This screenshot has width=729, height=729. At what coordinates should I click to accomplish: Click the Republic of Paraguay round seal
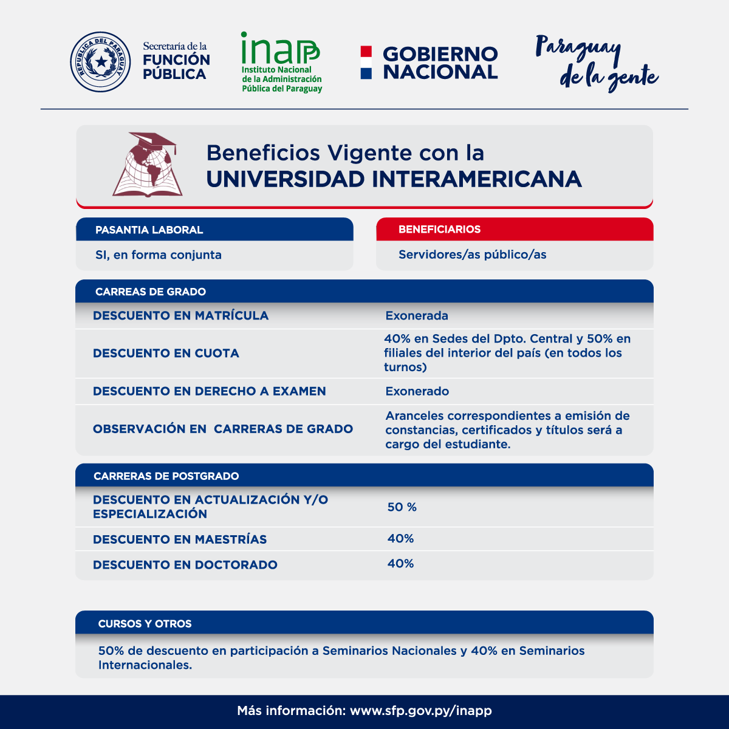pyautogui.click(x=100, y=62)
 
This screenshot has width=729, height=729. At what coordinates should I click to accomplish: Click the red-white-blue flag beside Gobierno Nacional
pyautogui.click(x=366, y=63)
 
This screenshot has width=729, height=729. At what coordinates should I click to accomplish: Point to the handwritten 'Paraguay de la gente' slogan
pyautogui.click(x=597, y=63)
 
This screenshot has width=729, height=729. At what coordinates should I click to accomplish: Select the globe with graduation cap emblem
pyautogui.click(x=148, y=165)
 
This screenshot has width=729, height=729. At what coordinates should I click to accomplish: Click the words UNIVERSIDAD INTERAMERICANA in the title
pyautogui.click(x=394, y=179)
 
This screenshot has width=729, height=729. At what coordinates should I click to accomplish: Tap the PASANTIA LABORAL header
pyautogui.click(x=149, y=230)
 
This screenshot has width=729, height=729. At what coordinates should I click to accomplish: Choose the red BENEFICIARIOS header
pyautogui.click(x=439, y=229)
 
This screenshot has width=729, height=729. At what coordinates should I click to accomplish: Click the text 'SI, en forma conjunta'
pyautogui.click(x=159, y=255)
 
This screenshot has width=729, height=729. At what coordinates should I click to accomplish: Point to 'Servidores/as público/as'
pyautogui.click(x=472, y=255)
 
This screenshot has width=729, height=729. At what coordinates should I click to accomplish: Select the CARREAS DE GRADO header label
pyautogui.click(x=151, y=292)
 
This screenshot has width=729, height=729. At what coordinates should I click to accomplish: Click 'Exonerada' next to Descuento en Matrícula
pyautogui.click(x=417, y=316)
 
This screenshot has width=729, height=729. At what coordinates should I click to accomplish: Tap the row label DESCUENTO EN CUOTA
pyautogui.click(x=166, y=354)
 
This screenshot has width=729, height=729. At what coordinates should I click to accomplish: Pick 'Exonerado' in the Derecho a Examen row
pyautogui.click(x=417, y=391)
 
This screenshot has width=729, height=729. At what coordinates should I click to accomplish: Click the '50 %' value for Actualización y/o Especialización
pyautogui.click(x=402, y=507)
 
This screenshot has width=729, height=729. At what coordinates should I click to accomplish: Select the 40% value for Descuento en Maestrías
pyautogui.click(x=400, y=539)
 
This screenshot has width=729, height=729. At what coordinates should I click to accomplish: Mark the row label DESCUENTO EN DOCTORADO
pyautogui.click(x=185, y=565)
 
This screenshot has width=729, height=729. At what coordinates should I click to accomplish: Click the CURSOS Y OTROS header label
pyautogui.click(x=145, y=624)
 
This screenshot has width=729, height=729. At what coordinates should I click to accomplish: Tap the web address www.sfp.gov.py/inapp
pyautogui.click(x=421, y=711)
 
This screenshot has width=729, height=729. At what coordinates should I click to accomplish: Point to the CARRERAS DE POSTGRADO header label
pyautogui.click(x=166, y=476)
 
